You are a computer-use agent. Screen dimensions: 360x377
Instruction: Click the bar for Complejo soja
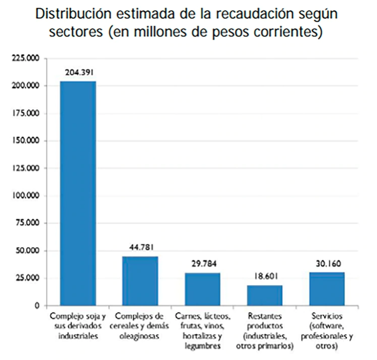78,193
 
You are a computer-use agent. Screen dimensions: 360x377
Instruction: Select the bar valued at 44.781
140,281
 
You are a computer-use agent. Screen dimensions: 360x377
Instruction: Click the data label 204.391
78,72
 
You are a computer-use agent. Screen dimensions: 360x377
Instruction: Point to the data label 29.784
202,264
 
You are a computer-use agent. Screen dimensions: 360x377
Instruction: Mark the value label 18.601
265,277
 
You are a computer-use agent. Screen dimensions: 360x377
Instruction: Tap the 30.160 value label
327,264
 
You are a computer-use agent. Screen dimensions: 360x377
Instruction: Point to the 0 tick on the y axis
37,306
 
